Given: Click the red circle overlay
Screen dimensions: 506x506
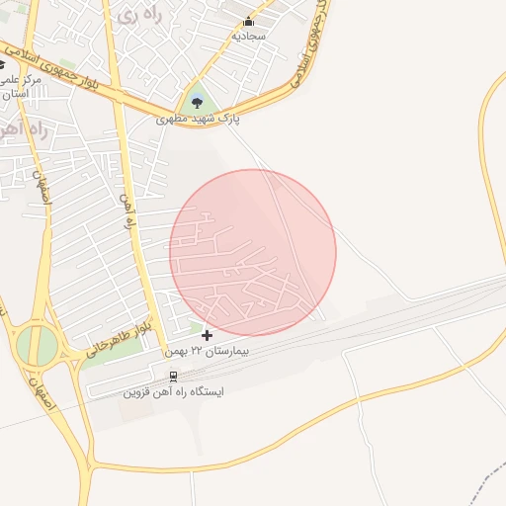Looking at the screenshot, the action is click(253, 253).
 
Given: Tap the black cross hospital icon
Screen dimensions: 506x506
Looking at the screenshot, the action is click(207, 336).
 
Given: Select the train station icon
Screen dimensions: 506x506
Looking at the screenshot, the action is click(174, 377).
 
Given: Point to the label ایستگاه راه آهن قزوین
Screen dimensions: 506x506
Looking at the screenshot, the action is click(173, 391).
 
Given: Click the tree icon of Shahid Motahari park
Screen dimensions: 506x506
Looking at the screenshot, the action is click(197, 101).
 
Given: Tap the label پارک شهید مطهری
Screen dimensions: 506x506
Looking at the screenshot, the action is click(199, 119).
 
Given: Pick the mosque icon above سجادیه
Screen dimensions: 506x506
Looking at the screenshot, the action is click(248, 21).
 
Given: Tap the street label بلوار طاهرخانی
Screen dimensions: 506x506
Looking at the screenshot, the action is click(118, 337).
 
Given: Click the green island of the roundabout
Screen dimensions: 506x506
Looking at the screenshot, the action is click(37, 344).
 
